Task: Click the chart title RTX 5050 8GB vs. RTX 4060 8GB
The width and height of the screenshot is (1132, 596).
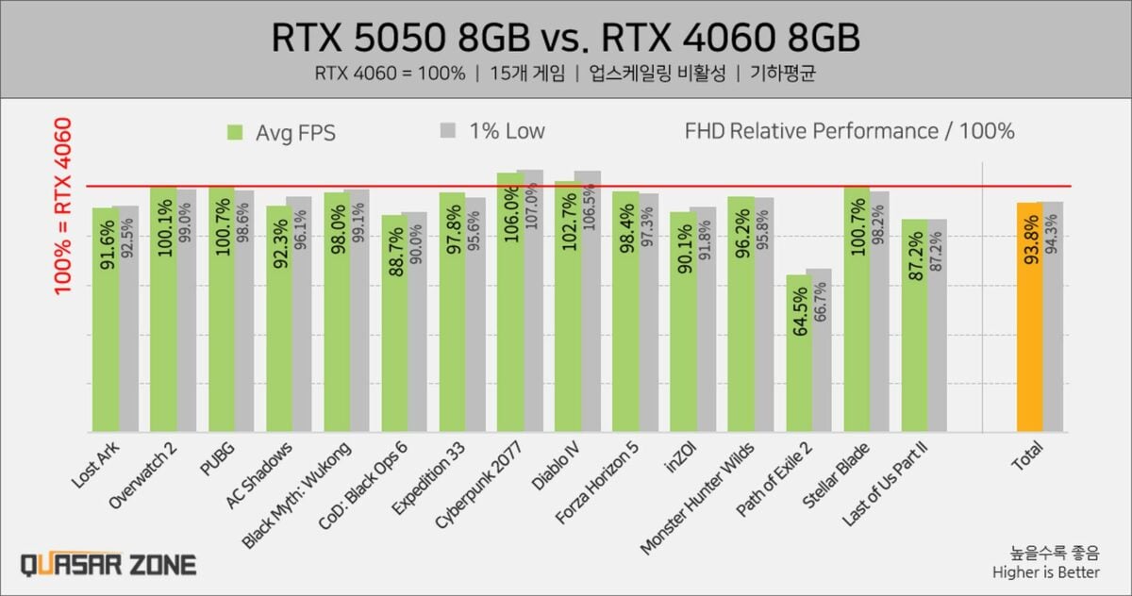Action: (566, 40)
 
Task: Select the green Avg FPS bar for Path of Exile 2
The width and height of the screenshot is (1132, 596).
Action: (799, 377)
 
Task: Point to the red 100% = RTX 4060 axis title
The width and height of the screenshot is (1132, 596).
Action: (63, 206)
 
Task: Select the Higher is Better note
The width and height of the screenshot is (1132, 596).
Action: (1045, 571)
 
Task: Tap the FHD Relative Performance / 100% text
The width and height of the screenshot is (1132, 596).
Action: (849, 131)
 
